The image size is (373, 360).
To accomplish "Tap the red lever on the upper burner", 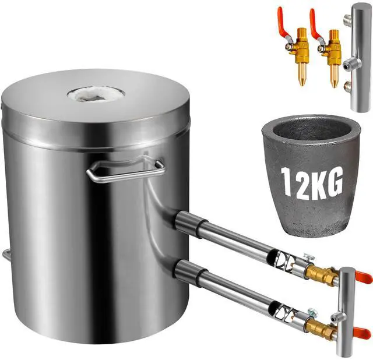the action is coord(363,278).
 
